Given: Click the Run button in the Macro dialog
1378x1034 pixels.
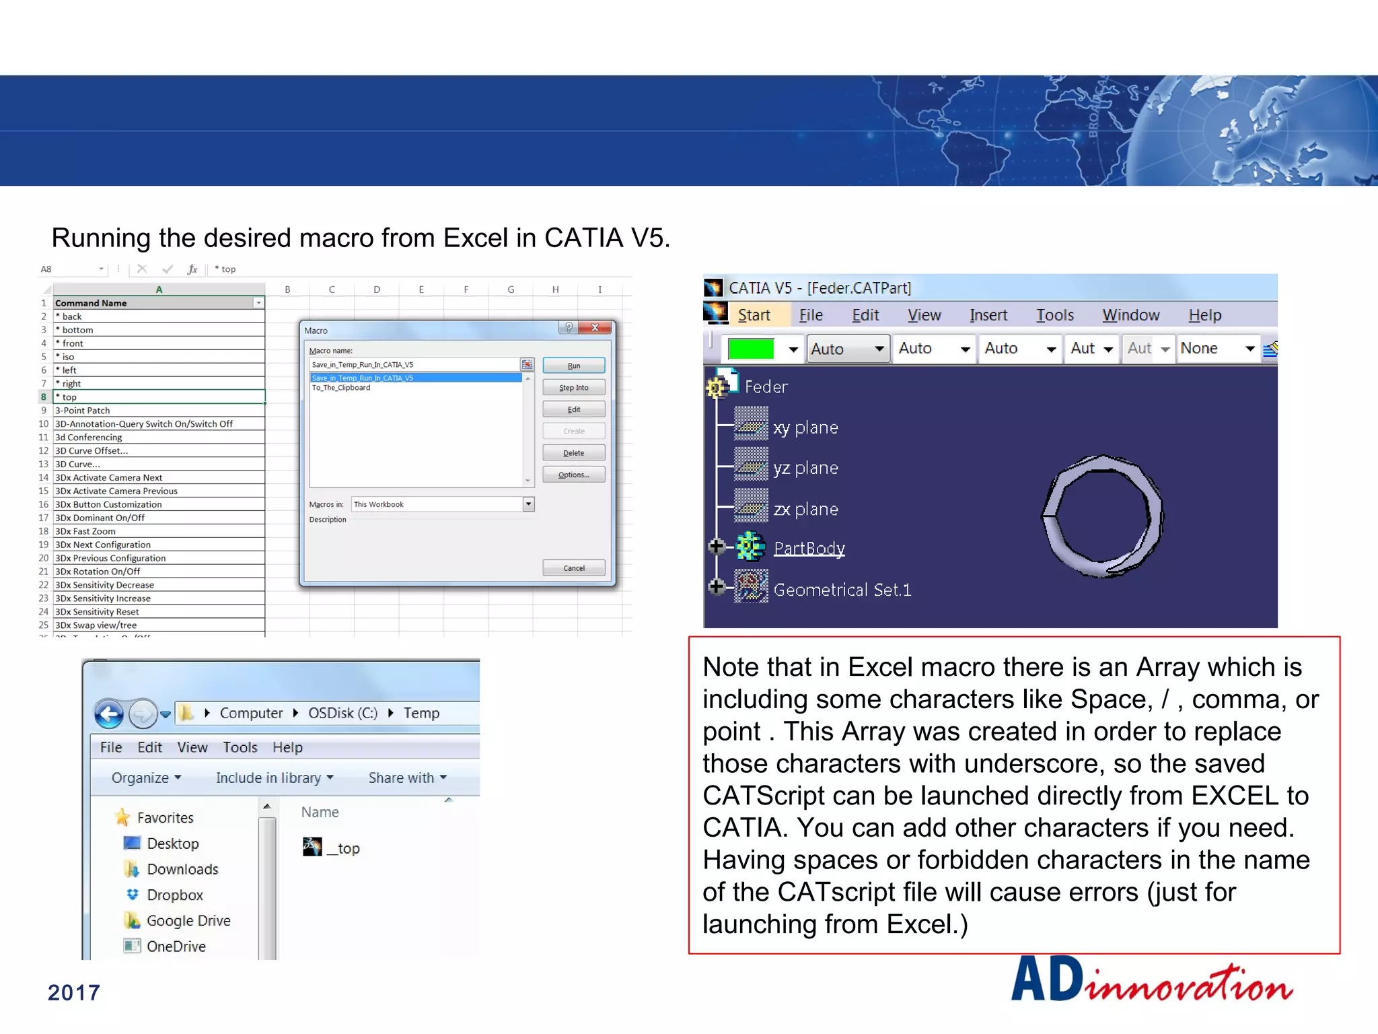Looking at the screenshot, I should click(x=573, y=366).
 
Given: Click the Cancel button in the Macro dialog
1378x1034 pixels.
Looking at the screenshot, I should click(x=573, y=568).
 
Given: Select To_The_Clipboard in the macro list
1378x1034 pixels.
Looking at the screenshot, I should click(x=341, y=388).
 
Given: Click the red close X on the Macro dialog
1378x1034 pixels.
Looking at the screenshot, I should click(x=595, y=328).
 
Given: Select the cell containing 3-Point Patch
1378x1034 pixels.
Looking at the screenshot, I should click(x=159, y=410).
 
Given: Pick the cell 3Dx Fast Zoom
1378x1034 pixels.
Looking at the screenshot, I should click(x=159, y=531).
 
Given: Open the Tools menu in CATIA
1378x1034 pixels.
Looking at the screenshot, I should click(x=1054, y=315).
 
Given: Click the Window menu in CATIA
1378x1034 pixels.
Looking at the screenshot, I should click(x=1130, y=315).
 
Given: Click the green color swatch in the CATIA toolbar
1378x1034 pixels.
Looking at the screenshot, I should click(x=751, y=349).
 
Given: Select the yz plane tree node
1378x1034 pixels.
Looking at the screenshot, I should click(x=805, y=468).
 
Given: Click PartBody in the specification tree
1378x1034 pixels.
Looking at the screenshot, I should click(x=809, y=548).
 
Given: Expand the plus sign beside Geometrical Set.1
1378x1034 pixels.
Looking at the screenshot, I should click(x=717, y=586).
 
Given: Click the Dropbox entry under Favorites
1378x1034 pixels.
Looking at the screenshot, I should click(x=174, y=895).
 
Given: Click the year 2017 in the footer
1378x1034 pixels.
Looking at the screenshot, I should click(x=74, y=992).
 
